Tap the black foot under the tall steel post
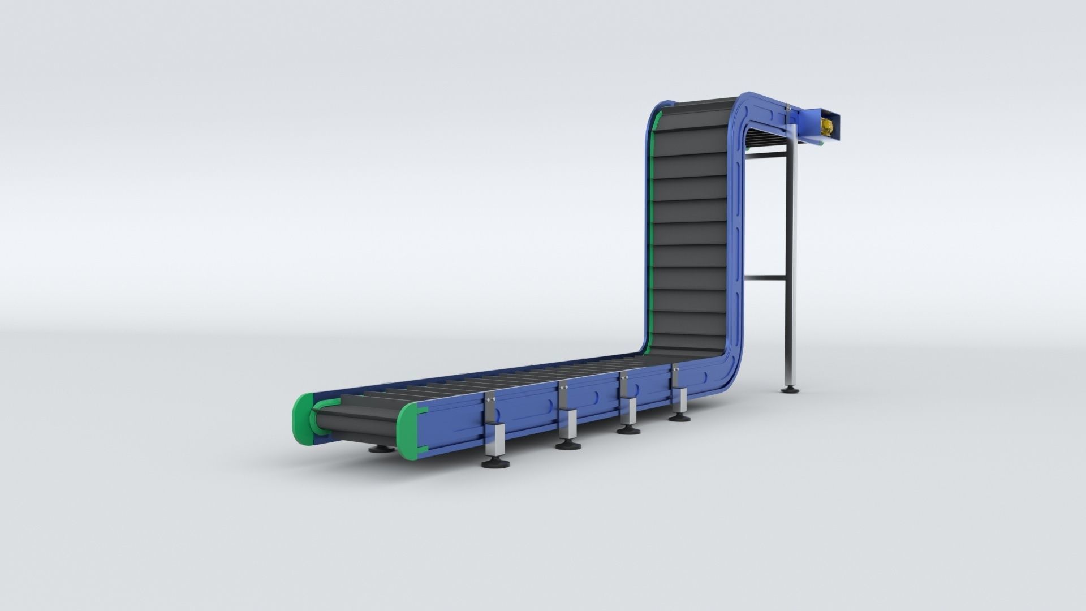pos(791,389)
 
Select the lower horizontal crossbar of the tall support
pos(765,278)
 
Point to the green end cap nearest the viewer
pos(407,432)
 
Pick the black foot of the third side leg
pos(628,430)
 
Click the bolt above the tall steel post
pos(787,107)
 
